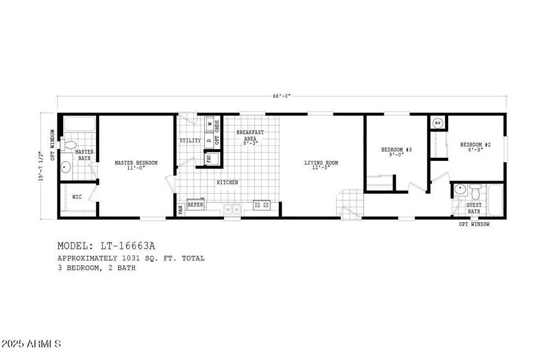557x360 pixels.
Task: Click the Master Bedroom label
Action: [x=136, y=163]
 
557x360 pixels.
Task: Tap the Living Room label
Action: [x=321, y=163]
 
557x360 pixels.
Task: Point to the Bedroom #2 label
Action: [x=475, y=145]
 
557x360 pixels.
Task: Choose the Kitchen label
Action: [x=227, y=182]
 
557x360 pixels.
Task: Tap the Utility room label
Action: [x=190, y=141]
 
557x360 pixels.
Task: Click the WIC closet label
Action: [x=77, y=197]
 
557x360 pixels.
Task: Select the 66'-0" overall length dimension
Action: [x=281, y=96]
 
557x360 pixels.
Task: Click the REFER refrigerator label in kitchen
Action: [x=195, y=204]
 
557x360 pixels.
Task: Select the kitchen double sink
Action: [x=233, y=209]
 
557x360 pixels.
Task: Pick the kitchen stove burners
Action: [x=261, y=204]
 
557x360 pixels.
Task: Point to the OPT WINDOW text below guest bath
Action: [x=474, y=225]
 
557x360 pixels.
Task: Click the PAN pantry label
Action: [x=181, y=210]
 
